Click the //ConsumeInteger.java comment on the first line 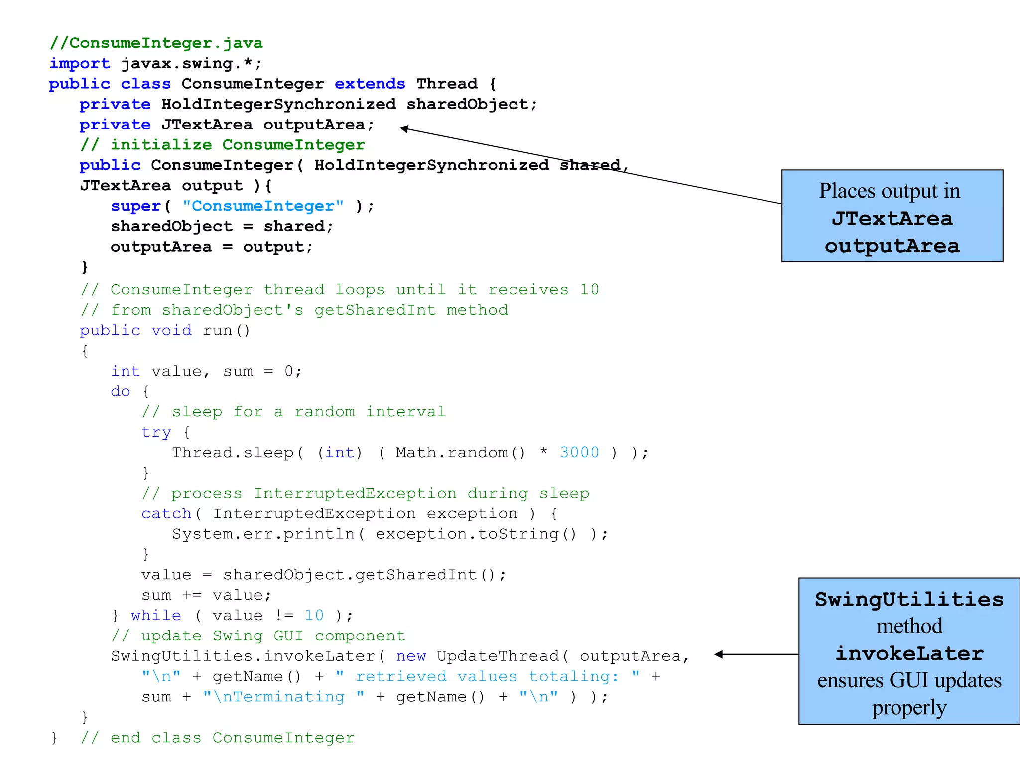(156, 43)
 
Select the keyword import (80, 64)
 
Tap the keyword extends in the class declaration (370, 84)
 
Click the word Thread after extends (447, 84)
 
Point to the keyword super (135, 206)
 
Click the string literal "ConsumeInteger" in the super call (263, 206)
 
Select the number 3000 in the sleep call (579, 452)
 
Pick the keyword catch (166, 513)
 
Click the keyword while (156, 616)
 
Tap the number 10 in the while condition (314, 616)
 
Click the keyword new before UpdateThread (411, 656)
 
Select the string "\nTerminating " (283, 697)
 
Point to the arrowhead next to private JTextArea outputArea (404, 128)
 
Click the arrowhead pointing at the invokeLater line (718, 654)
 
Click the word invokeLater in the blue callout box (909, 653)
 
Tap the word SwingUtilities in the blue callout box (909, 599)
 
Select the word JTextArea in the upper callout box (892, 219)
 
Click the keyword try (156, 432)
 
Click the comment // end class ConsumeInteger (218, 738)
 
